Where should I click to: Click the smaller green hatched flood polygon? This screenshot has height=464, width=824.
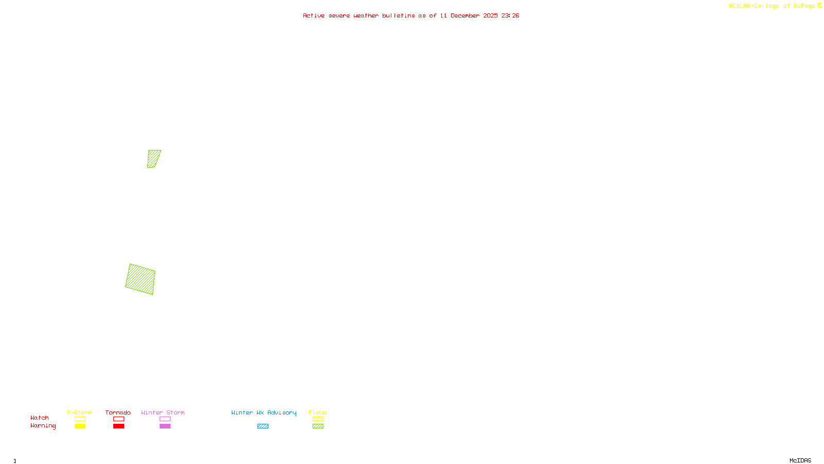point(153,159)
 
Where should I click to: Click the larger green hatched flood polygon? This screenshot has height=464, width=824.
point(140,279)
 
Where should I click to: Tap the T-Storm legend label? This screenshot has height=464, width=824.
point(79,412)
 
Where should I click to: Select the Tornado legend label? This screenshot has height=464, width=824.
point(118,412)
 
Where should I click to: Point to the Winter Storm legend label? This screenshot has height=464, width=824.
point(163,412)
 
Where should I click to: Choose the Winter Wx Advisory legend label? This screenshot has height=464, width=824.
point(264,412)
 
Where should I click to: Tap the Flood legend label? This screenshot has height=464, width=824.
point(318,412)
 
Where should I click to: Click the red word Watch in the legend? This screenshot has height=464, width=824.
point(40,418)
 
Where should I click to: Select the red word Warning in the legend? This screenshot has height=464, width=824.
point(43,426)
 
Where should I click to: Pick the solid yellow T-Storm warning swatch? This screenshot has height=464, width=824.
point(80,426)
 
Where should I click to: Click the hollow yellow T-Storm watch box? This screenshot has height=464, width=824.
point(80,419)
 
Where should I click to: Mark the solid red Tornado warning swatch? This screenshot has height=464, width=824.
point(118,426)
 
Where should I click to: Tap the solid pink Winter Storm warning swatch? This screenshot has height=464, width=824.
point(165,426)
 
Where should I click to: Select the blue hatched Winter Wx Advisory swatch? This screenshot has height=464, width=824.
point(263,426)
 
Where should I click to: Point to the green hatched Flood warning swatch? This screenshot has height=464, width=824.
point(318,426)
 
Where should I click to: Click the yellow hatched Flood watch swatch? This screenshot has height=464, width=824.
point(318,419)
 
